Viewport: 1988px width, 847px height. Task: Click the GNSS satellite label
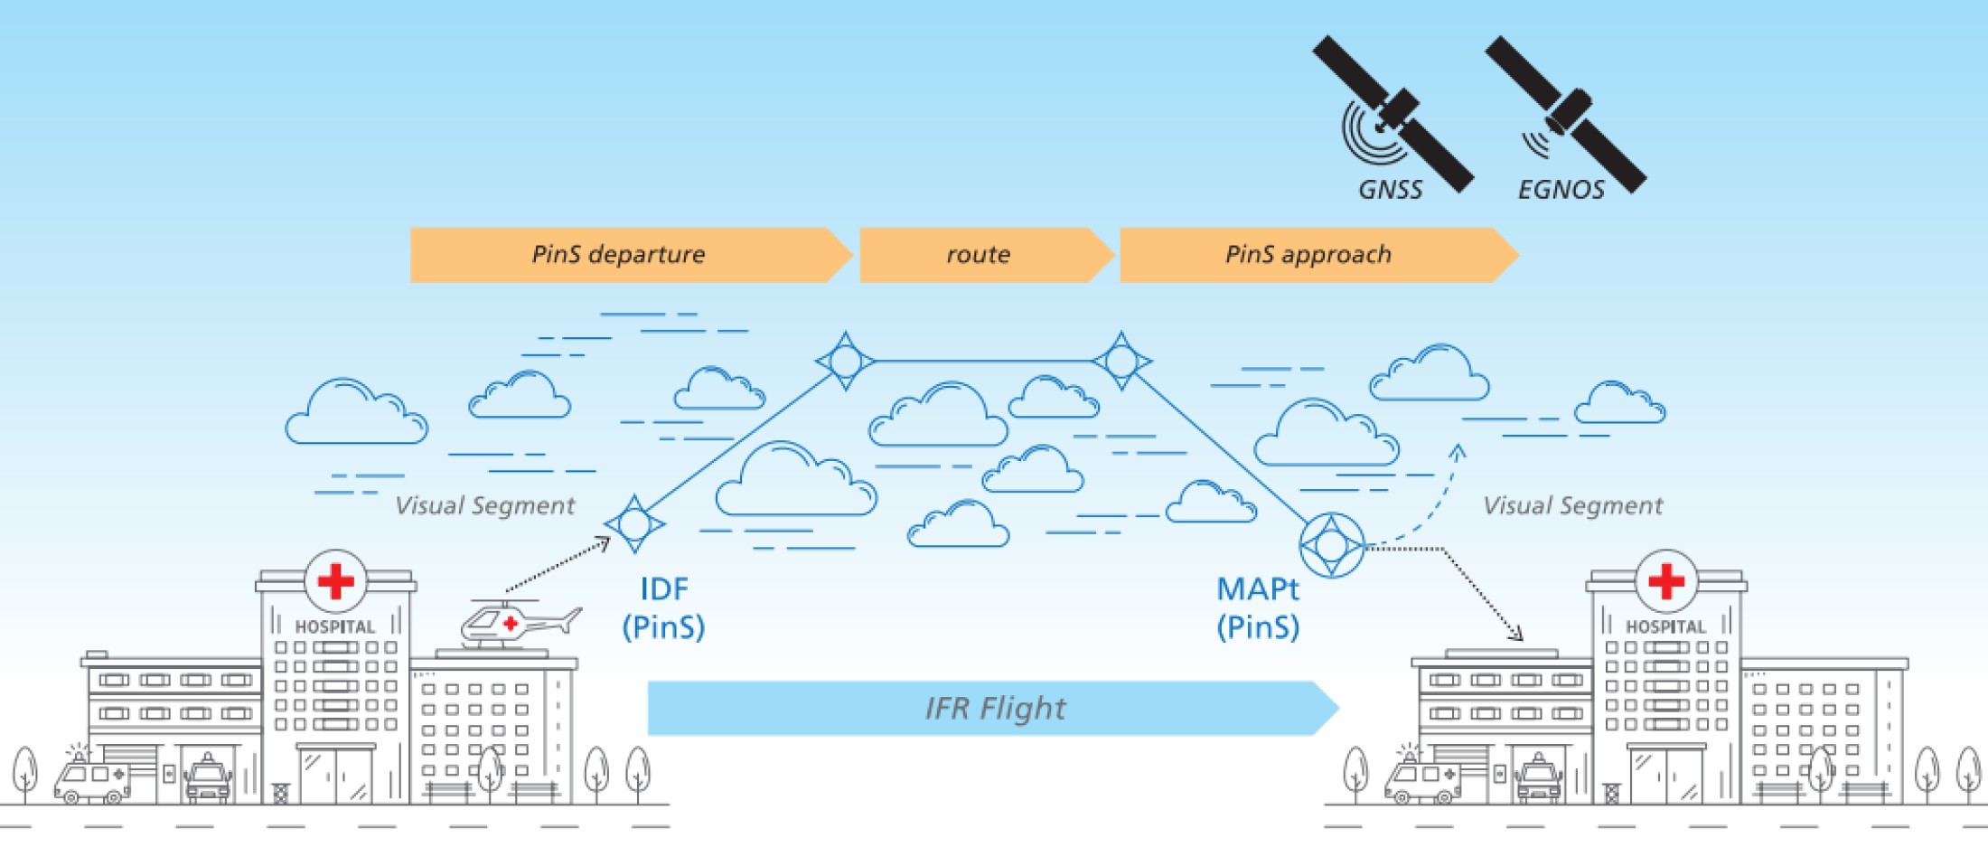click(1391, 190)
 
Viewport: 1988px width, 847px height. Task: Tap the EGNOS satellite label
click(1561, 190)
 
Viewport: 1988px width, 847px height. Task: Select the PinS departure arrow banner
click(631, 255)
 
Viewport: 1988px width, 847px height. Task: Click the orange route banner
click(987, 255)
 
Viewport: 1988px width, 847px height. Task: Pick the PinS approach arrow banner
click(1319, 255)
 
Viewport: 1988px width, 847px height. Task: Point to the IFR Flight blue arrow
click(993, 708)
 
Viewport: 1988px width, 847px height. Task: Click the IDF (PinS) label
click(663, 607)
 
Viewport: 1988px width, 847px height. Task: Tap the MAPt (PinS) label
click(1258, 607)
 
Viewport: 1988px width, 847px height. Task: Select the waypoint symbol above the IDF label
click(634, 523)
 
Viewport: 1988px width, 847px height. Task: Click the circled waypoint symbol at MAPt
click(1332, 545)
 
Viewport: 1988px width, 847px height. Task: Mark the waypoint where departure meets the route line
click(845, 361)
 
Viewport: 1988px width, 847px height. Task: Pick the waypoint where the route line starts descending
click(1121, 361)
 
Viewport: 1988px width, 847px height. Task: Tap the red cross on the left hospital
click(336, 581)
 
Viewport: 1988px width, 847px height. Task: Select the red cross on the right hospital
click(1666, 581)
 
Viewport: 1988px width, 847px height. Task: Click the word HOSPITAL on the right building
click(1665, 626)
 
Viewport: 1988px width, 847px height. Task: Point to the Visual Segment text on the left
click(485, 505)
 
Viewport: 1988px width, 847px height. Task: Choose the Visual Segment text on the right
click(1573, 505)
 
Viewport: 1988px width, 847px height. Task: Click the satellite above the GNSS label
click(1393, 114)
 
